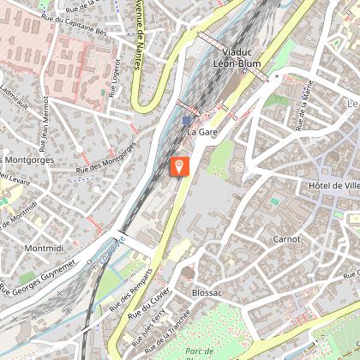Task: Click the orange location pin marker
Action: (180, 165)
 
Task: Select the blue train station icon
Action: (186, 122)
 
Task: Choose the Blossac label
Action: (207, 291)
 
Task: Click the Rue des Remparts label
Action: (128, 299)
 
